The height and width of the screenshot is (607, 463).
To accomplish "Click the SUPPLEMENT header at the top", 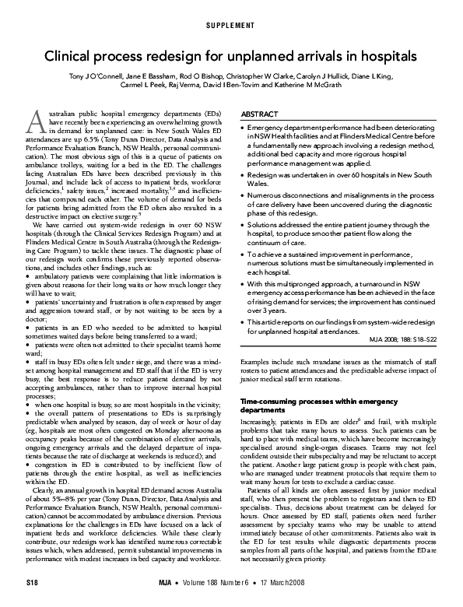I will click(x=231, y=26).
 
